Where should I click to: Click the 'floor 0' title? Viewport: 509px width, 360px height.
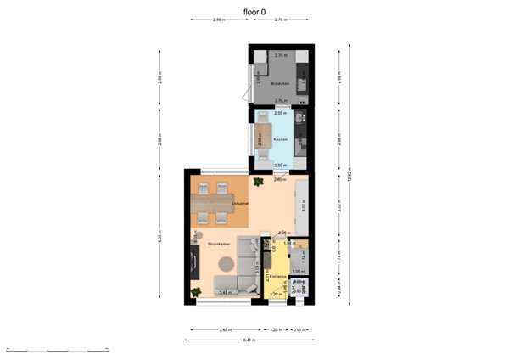click(255, 11)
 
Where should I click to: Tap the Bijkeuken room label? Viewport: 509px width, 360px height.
click(280, 84)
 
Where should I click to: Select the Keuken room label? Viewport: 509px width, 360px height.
click(280, 139)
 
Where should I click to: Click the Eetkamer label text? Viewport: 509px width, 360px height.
click(240, 204)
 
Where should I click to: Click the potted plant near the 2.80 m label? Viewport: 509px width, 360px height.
click(258, 180)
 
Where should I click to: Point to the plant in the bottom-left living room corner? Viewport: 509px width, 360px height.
click(197, 293)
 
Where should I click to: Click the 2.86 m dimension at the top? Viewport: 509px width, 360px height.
click(219, 19)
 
